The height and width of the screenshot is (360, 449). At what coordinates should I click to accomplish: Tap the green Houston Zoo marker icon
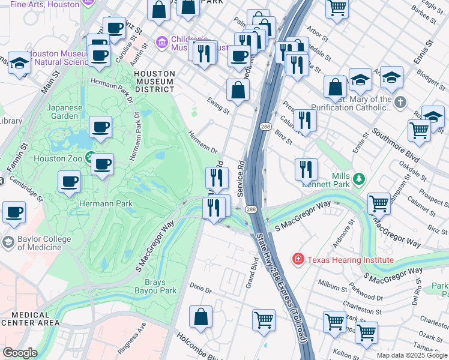pyautogui.click(x=89, y=158)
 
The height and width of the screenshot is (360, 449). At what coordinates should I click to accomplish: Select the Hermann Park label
pyautogui.click(x=106, y=204)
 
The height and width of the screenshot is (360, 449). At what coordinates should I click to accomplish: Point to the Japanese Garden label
pyautogui.click(x=64, y=112)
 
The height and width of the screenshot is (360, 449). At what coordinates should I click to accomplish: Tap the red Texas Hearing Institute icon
pyautogui.click(x=297, y=259)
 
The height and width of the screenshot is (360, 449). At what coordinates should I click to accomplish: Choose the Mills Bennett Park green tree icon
pyautogui.click(x=359, y=178)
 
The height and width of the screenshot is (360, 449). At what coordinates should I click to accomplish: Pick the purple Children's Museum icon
pyautogui.click(x=160, y=43)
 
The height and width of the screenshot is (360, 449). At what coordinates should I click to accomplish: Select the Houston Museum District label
pyautogui.click(x=154, y=81)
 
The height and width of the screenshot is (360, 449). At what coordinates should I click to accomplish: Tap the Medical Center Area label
pyautogui.click(x=30, y=319)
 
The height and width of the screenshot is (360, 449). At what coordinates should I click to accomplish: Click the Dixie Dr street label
pyautogui.click(x=200, y=290)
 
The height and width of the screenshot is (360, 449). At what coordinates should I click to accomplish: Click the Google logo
pyautogui.click(x=19, y=353)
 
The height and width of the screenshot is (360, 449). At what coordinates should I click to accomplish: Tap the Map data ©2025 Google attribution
pyautogui.click(x=411, y=355)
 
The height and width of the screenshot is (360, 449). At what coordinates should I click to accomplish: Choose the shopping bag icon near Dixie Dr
pyautogui.click(x=200, y=317)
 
